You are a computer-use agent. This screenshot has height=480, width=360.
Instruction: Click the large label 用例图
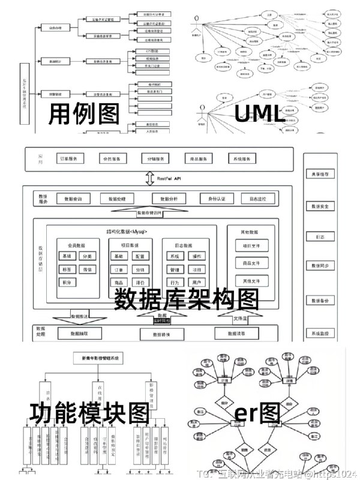coord(85,112)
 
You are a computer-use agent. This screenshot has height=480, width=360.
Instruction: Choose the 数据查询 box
coord(73,199)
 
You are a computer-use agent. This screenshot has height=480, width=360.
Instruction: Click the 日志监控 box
coord(258,199)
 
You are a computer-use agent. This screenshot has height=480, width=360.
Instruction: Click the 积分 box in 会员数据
coord(67,282)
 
